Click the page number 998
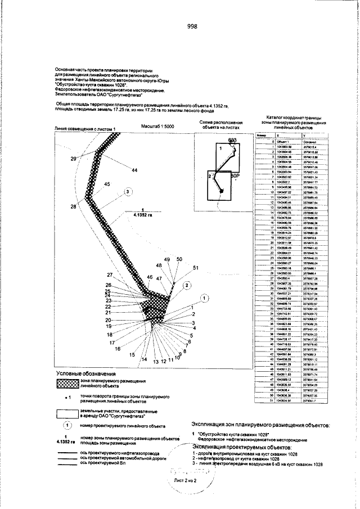tap(191, 26)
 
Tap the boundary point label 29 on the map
tap(73, 159)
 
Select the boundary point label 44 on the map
tap(134, 170)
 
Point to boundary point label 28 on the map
tap(73, 207)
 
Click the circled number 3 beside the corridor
tap(128, 192)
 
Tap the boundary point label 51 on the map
tap(196, 268)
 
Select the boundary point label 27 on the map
tap(110, 274)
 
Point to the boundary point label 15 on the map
tap(132, 355)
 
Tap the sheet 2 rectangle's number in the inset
tap(210, 176)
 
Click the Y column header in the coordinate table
tap(304, 136)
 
